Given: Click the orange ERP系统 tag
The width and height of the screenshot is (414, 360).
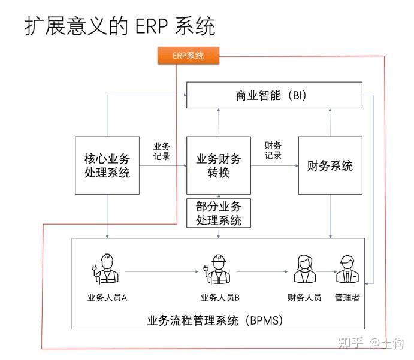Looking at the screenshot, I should click(188, 56).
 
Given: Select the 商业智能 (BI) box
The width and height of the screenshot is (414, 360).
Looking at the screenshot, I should click(274, 95).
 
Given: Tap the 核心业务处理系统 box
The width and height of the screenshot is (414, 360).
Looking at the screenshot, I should click(107, 165).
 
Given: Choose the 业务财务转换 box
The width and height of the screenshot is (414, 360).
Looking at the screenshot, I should click(218, 165).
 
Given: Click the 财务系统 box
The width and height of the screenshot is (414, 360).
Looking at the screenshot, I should click(330, 165).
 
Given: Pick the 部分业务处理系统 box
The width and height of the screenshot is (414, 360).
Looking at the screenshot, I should click(218, 213).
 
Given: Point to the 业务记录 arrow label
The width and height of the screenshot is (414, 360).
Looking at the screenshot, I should click(162, 151).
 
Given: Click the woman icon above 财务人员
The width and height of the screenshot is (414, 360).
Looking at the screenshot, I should click(304, 268).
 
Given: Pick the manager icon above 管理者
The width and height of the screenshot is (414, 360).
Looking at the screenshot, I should click(347, 268).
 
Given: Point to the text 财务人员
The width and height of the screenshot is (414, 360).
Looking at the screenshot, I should click(304, 297).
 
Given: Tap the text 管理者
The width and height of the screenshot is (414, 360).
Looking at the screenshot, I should click(347, 297).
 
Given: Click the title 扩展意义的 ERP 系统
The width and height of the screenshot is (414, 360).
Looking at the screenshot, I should click(120, 26).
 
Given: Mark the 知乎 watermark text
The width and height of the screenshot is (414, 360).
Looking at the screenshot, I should click(350, 343).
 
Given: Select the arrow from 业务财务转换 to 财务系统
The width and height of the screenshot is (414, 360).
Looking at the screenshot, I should click(274, 166).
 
